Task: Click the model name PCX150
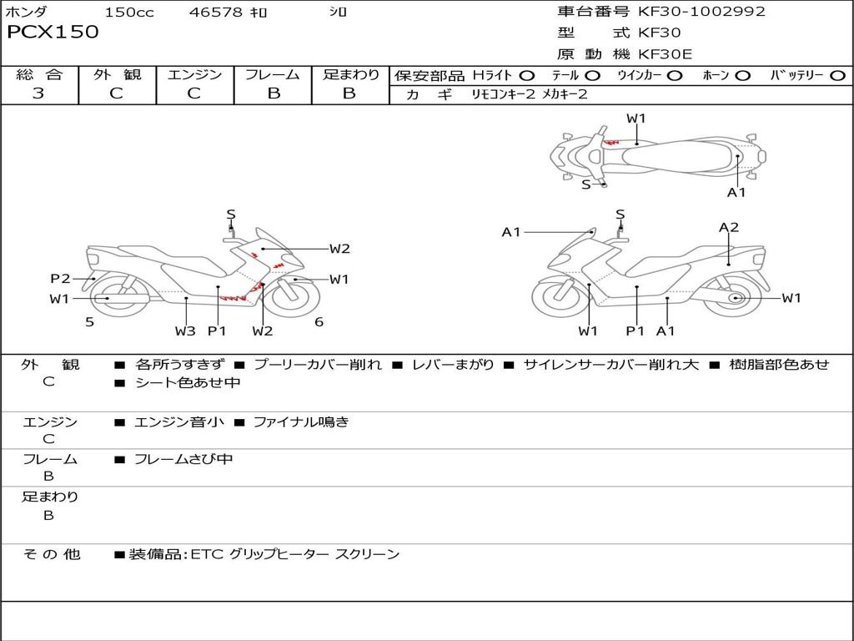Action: [53, 32]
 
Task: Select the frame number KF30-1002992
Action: [701, 12]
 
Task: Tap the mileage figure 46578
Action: [215, 12]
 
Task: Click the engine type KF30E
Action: [665, 54]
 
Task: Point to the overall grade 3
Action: [38, 93]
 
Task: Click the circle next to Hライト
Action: [527, 76]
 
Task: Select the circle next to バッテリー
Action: [838, 76]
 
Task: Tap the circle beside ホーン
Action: [742, 76]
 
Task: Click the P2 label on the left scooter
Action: [60, 279]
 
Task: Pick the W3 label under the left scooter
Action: [185, 331]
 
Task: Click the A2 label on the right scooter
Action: [729, 227]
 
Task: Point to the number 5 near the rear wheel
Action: [90, 322]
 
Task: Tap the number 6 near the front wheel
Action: [319, 322]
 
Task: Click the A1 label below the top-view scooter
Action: [736, 193]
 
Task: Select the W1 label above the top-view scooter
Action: [635, 119]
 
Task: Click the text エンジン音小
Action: [179, 421]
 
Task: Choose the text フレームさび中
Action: [183, 460]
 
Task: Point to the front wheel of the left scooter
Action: [294, 298]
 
